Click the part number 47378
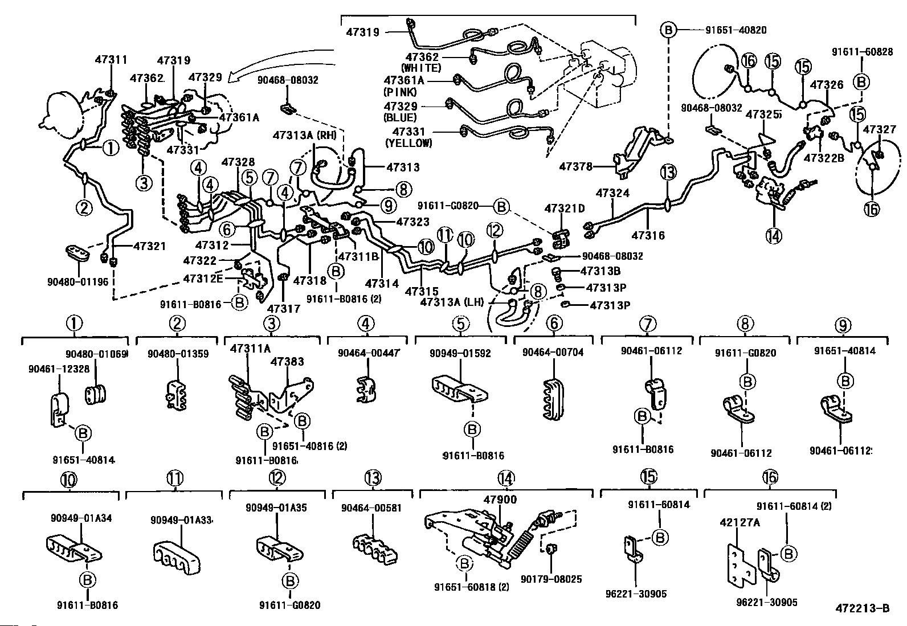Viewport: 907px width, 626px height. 575,166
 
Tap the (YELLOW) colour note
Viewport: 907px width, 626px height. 408,144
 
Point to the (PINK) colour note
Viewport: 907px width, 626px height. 401,92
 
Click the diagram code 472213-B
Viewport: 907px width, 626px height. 863,608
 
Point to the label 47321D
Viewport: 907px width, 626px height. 565,208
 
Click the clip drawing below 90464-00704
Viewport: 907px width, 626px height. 552,392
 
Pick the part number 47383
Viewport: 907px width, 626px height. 287,361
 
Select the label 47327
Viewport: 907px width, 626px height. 880,129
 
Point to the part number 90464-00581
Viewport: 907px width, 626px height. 371,508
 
